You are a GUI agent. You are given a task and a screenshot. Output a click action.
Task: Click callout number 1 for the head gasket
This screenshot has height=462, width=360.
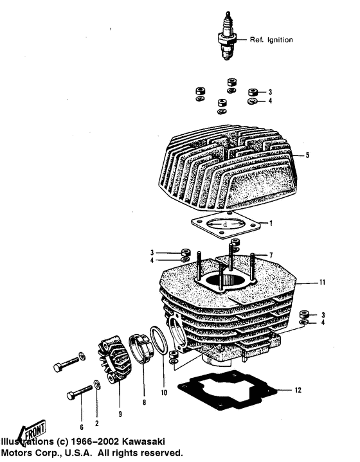pos(271,224)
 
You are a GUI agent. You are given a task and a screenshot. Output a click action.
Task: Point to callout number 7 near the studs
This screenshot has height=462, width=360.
pos(271,256)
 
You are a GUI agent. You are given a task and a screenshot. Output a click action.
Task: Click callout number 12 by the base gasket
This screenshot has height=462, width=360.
pos(296,390)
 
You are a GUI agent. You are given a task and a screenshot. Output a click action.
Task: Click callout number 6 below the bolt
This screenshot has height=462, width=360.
pos(82,427)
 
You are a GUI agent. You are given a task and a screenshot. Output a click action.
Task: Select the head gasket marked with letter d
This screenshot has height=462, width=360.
pos(226,227)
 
